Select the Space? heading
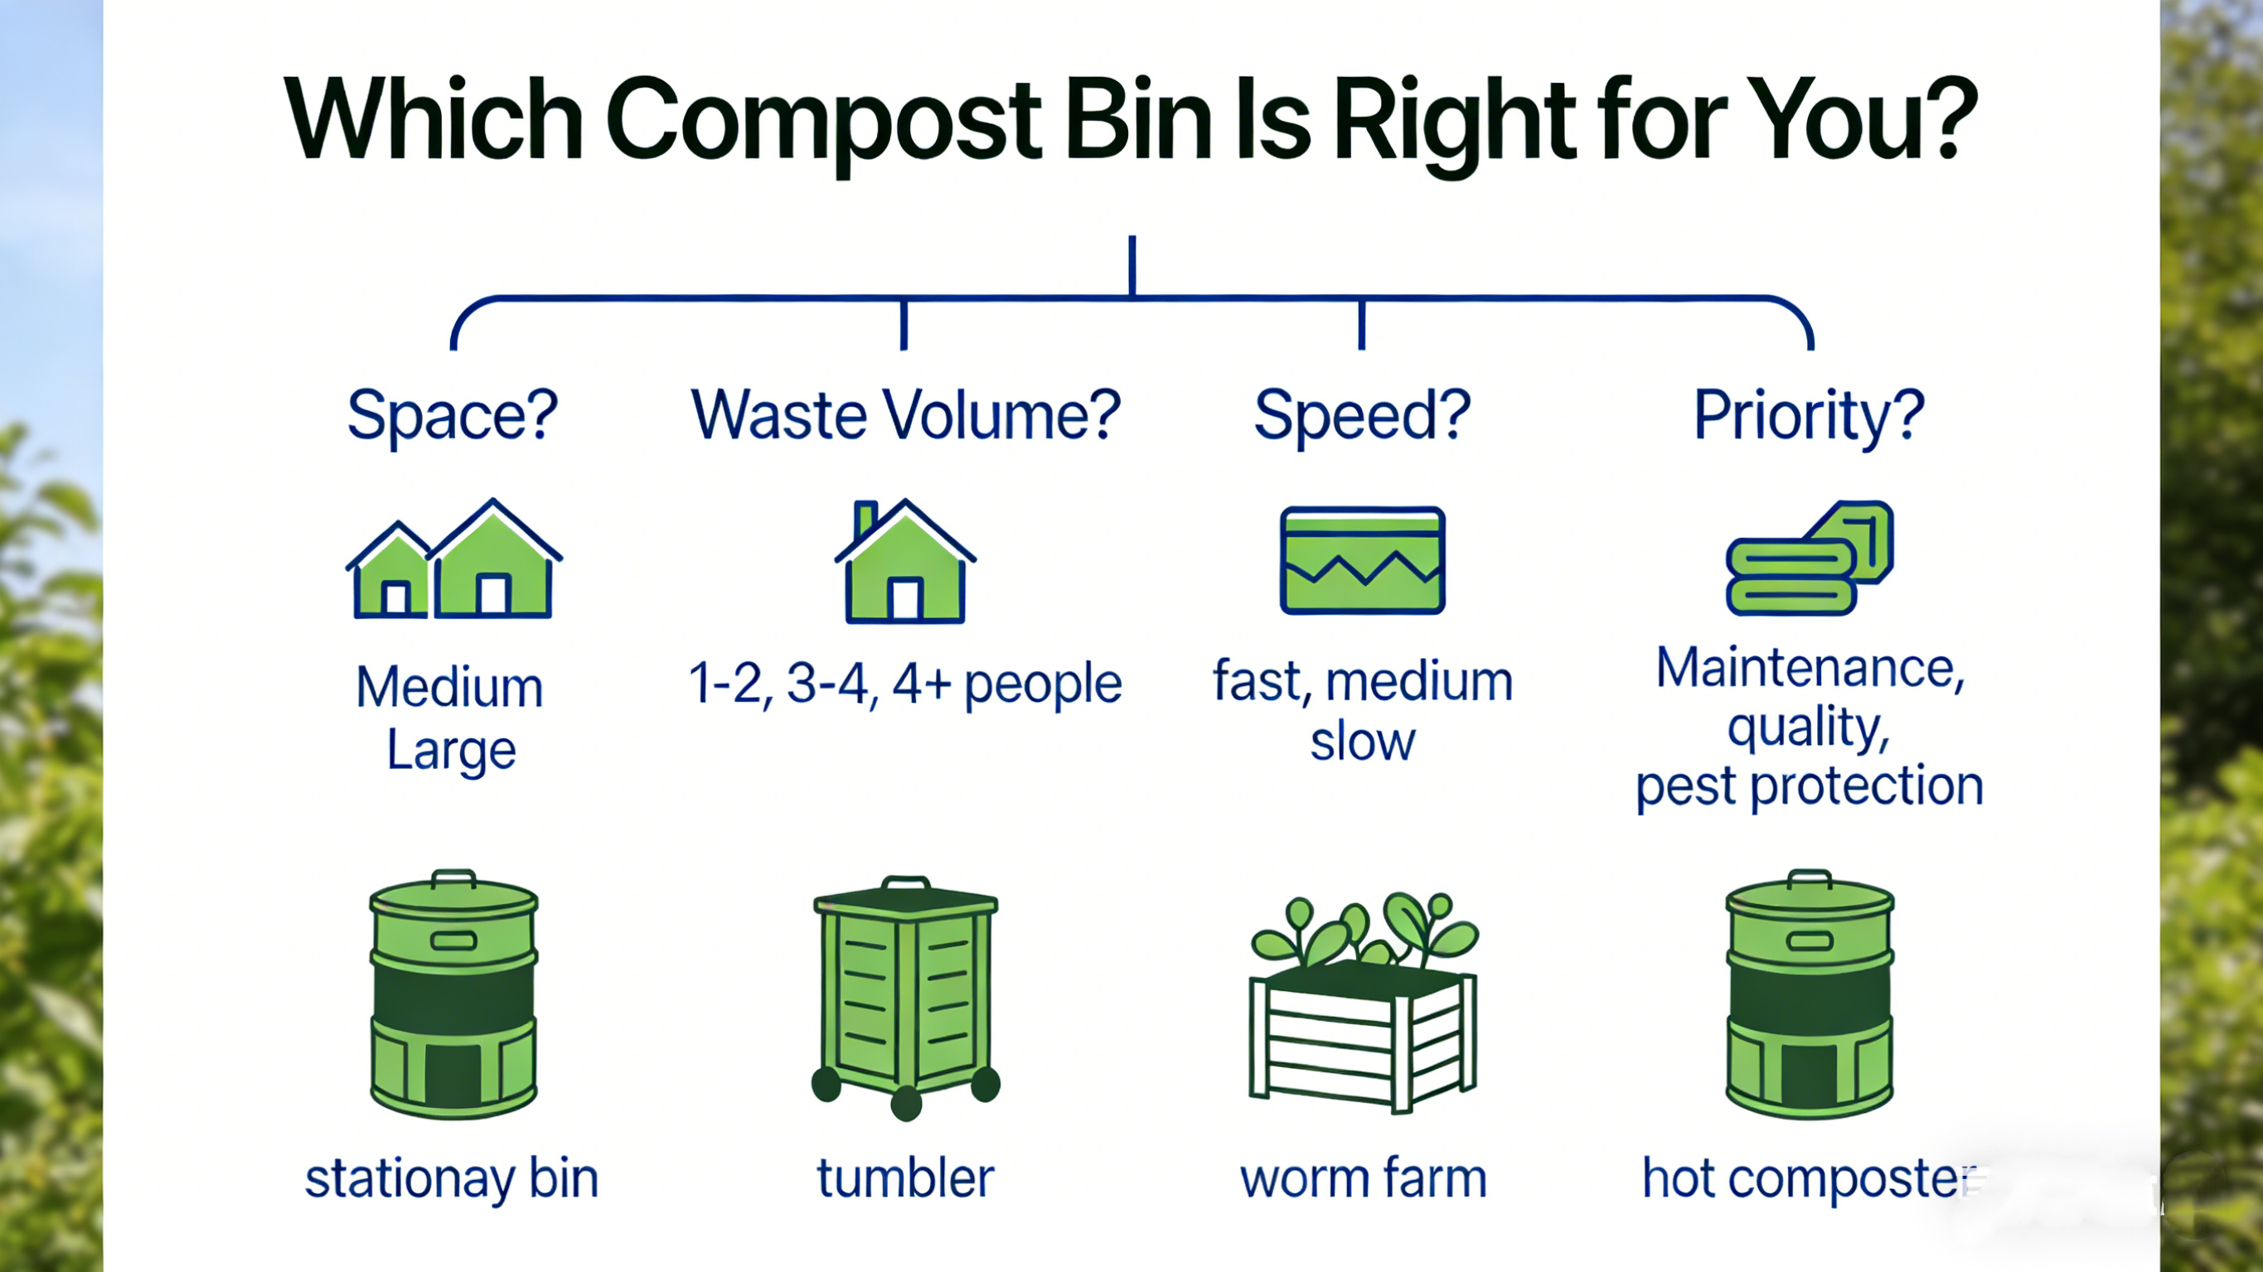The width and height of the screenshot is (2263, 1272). [x=453, y=415]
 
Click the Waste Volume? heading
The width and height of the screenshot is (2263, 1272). [x=906, y=414]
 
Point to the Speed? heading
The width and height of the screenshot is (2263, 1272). [x=1362, y=415]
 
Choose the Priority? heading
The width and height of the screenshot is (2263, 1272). [x=1809, y=415]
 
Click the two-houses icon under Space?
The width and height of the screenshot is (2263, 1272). [x=453, y=559]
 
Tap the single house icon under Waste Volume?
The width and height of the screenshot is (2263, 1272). [x=905, y=561]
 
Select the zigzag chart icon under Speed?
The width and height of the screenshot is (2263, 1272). [x=1363, y=559]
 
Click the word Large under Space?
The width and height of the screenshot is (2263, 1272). [x=452, y=751]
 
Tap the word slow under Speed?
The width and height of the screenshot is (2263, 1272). [x=1363, y=742]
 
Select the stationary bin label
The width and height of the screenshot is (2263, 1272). [x=452, y=1179]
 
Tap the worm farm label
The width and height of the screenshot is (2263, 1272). [x=1363, y=1178]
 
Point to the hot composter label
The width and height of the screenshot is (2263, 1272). [x=1810, y=1179]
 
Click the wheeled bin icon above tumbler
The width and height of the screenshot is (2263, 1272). [x=906, y=998]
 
